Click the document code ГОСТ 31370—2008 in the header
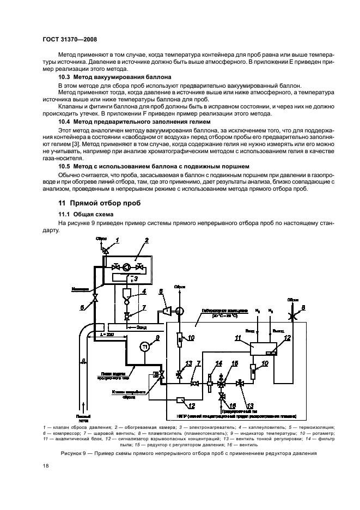pos(65,40)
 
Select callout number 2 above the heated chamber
pos(146,241)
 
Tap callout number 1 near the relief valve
pos(116,240)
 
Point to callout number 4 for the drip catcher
pos(144,292)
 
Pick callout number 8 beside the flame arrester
pos(303,308)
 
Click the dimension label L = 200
pos(108,334)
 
